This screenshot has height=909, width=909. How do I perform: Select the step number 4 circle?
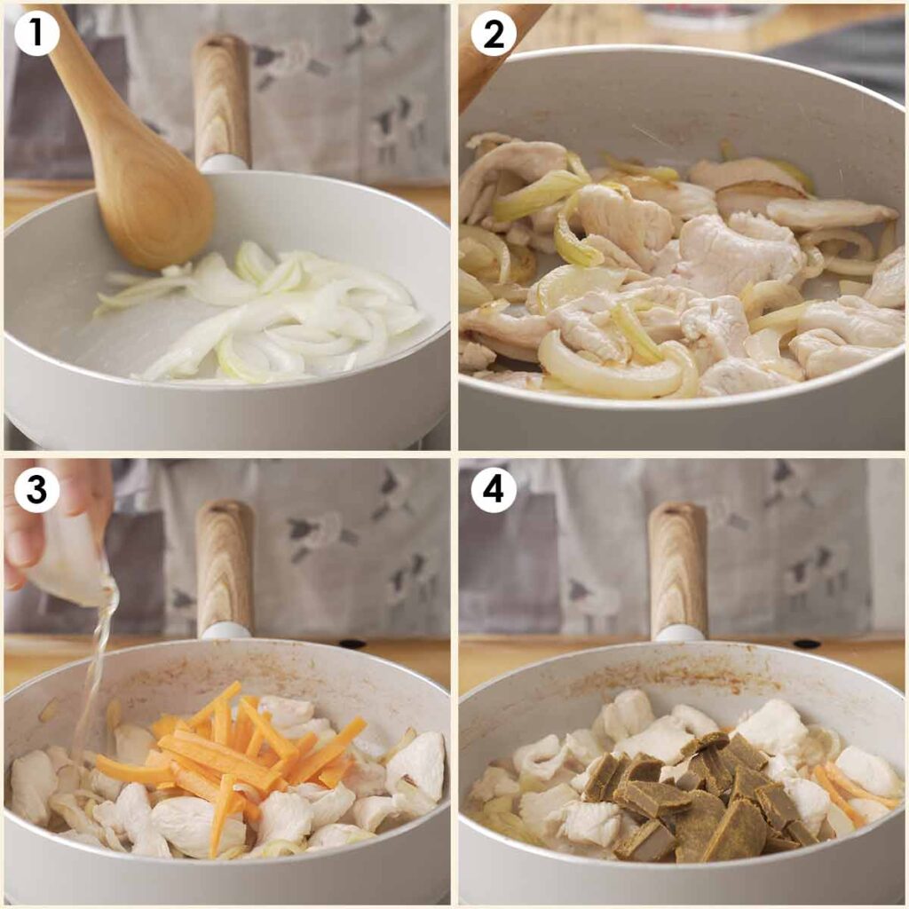[x=494, y=490]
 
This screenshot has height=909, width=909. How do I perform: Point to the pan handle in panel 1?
[x=222, y=98]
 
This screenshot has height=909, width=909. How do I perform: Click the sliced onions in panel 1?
[x=284, y=320]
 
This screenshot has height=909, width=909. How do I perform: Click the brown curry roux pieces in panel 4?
[x=692, y=799]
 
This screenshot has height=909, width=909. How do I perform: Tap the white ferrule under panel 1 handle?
[x=223, y=163]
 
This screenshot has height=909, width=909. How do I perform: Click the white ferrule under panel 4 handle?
[x=679, y=633]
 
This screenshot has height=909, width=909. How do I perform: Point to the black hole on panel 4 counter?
[x=806, y=644]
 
